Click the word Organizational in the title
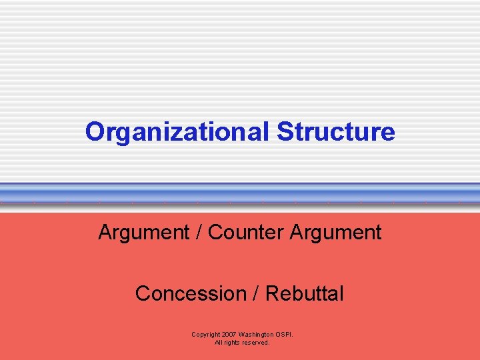click(178, 132)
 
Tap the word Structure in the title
click(336, 132)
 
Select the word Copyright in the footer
click(207, 335)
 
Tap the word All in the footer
click(218, 343)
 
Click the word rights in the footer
click(233, 343)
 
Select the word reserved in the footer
click(257, 343)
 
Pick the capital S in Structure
click(284, 132)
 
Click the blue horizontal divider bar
click(240, 193)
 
